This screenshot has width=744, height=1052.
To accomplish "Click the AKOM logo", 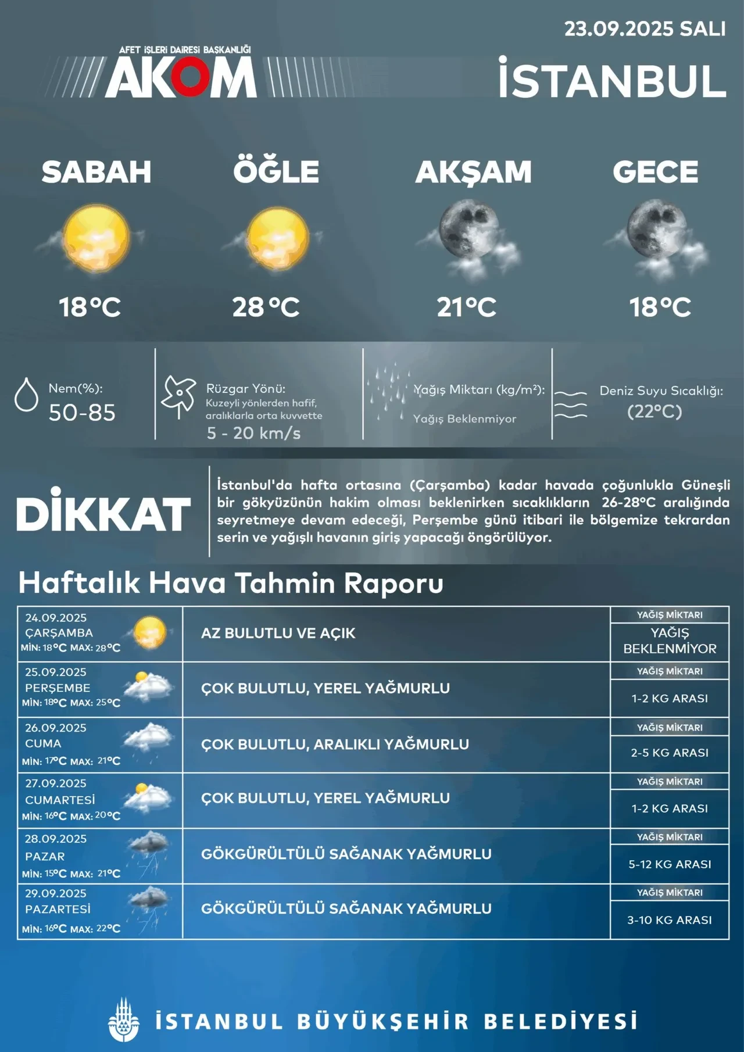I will tap(180, 77).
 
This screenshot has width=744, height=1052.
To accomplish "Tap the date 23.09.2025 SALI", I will tap(645, 29).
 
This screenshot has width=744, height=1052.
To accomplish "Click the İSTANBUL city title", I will tap(612, 81).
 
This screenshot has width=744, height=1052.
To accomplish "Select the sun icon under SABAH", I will tap(96, 239).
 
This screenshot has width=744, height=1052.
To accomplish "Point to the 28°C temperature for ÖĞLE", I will tap(266, 307).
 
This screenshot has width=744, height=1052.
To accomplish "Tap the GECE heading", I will tap(655, 172).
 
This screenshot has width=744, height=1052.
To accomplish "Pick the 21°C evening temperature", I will tap(467, 307).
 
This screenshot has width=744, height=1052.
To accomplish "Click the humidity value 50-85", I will tap(82, 413).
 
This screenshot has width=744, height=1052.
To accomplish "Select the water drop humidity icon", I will tap(26, 395).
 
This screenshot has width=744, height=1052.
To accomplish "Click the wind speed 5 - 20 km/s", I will tap(253, 433).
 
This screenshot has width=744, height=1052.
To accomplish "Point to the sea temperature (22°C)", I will tap(654, 412).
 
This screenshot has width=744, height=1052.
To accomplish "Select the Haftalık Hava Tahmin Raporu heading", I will tap(231, 583).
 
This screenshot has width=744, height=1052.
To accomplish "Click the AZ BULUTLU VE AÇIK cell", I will tap(278, 633).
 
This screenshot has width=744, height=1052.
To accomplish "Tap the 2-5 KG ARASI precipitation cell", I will tap(670, 753).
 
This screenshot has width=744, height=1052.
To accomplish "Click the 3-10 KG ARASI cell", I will tap(670, 920).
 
